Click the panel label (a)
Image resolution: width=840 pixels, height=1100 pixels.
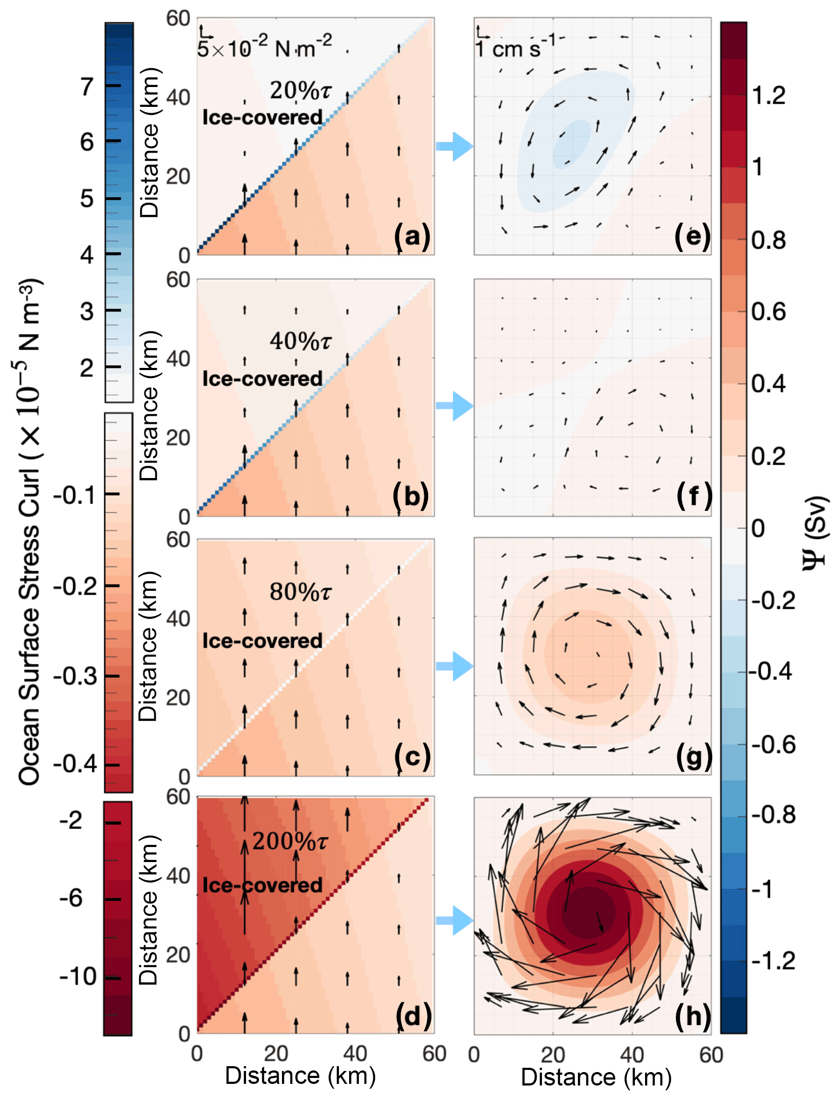[412, 236]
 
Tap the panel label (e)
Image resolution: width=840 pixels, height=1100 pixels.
[692, 236]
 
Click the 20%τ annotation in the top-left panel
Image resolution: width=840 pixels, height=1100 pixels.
[300, 91]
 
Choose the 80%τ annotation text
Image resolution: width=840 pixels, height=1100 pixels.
[300, 592]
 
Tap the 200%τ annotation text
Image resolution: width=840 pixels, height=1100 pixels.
[289, 841]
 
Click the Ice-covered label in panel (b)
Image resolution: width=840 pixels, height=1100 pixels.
[262, 379]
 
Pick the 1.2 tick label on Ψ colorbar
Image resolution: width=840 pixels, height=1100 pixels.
[768, 96]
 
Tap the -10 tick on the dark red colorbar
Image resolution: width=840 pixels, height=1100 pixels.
[78, 976]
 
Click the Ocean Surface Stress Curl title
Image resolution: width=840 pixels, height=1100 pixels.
[30, 532]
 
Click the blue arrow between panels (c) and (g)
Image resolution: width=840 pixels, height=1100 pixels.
[454, 666]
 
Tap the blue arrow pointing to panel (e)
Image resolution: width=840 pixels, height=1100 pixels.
[454, 146]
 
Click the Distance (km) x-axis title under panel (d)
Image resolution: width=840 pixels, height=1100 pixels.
[300, 1075]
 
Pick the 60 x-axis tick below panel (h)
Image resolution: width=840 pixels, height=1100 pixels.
[711, 1055]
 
